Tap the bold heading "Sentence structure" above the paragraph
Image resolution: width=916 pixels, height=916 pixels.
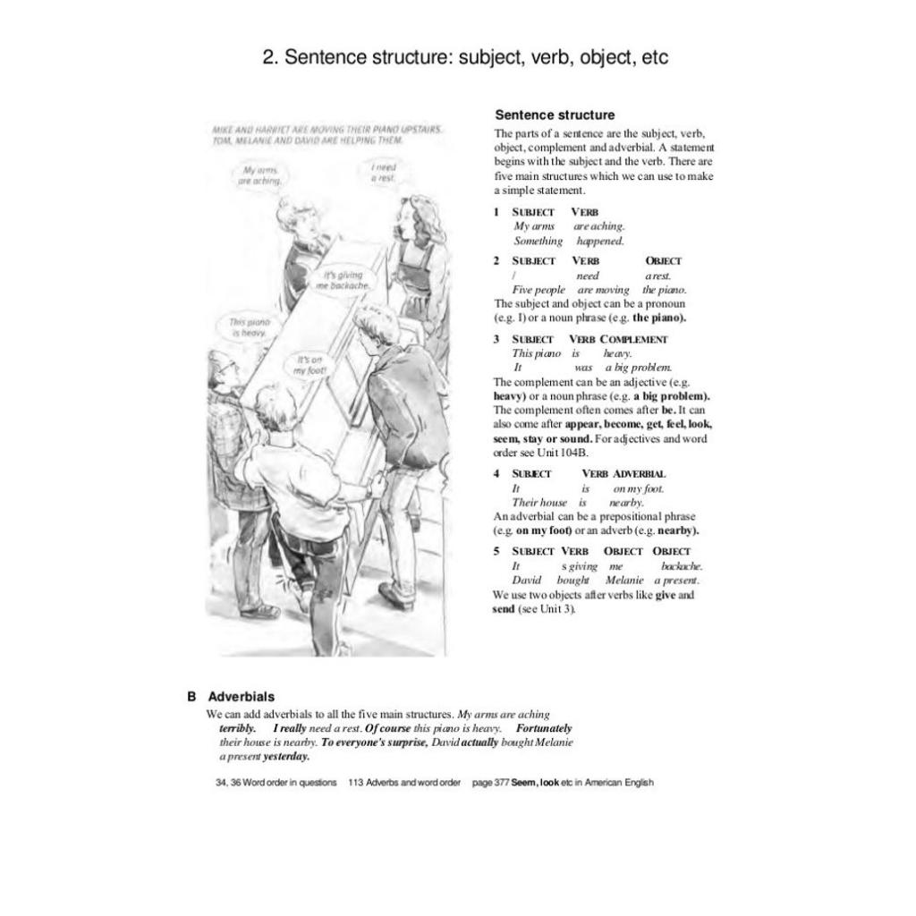[555, 114]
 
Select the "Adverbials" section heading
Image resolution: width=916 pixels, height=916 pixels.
[242, 696]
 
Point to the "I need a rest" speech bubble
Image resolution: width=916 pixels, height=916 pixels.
[384, 173]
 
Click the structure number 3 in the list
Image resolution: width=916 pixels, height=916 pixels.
[496, 339]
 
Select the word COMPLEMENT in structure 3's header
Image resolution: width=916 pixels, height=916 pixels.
[634, 339]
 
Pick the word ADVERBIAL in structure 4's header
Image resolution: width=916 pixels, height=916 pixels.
[639, 473]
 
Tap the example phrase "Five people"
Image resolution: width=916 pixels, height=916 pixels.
[539, 290]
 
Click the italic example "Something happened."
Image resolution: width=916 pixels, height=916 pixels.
[569, 241]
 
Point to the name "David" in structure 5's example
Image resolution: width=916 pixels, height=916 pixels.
[527, 581]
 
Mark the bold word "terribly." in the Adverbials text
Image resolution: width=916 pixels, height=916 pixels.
[238, 728]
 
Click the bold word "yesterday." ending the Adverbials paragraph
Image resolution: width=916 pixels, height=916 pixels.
[286, 756]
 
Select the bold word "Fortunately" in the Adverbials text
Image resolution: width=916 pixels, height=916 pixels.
[544, 728]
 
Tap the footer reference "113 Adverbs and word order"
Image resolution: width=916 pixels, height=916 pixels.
[404, 782]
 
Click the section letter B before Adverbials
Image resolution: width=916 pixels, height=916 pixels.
[191, 696]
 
